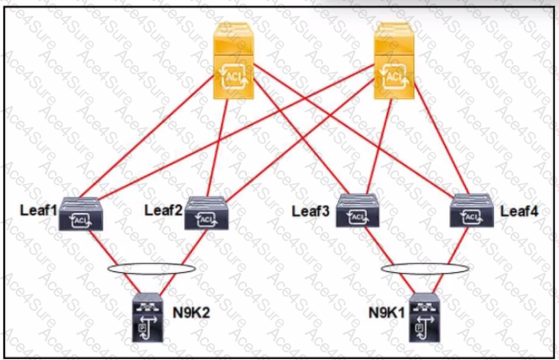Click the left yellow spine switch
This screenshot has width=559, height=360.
point(233,61)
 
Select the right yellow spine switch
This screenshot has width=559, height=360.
point(394,61)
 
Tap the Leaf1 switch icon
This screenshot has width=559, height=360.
point(81,215)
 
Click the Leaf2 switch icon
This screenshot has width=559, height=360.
point(206,213)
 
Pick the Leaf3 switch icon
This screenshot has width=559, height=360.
point(358,210)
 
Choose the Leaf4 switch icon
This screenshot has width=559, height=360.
point(472,210)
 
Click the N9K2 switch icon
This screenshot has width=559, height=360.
point(148,318)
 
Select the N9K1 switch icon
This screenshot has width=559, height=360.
point(425,318)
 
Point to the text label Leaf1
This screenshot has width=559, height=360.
point(39,210)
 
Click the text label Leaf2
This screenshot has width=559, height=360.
point(163,210)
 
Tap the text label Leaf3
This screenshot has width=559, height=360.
point(311,211)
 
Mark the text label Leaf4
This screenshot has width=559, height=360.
point(519,211)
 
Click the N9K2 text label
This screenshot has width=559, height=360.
point(191,313)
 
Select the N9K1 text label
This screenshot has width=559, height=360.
point(387,313)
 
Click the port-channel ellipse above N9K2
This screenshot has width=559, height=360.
point(151,265)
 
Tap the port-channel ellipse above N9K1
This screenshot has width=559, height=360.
point(425,265)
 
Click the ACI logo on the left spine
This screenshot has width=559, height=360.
point(233,76)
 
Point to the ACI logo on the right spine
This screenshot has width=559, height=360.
point(394,76)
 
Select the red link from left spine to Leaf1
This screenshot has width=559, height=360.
point(146,136)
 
